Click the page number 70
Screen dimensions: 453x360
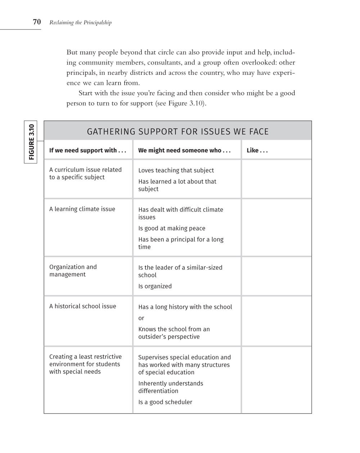[x=37, y=22]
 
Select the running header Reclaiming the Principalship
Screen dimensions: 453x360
[x=80, y=23]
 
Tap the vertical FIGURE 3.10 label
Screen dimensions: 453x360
[x=31, y=142]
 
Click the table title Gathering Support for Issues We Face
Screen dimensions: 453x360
[x=178, y=131]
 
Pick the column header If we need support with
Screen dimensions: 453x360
[x=87, y=151]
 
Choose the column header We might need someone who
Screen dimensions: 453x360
[x=184, y=151]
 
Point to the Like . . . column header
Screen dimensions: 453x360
[x=257, y=151]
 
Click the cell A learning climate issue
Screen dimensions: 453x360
[x=82, y=209]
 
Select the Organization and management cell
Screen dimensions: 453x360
[x=73, y=271]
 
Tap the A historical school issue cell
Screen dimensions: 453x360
[x=83, y=306]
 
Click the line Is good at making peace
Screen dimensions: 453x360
[x=172, y=228]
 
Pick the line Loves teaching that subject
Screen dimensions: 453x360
[x=176, y=170]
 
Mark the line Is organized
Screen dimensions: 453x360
[x=155, y=286]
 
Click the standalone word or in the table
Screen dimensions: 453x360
[x=141, y=318]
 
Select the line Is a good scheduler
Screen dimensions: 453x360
[x=165, y=402]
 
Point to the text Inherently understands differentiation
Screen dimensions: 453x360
[x=171, y=387]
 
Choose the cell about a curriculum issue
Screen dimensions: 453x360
[x=85, y=174]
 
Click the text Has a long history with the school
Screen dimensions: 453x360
[x=185, y=307]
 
